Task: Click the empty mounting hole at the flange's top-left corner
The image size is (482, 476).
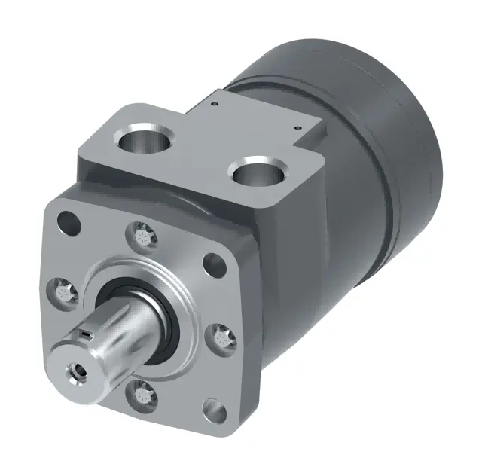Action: click(x=69, y=222)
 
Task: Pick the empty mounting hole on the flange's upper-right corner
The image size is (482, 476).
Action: click(x=215, y=264)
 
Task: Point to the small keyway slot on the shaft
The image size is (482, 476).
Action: click(x=88, y=331)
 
